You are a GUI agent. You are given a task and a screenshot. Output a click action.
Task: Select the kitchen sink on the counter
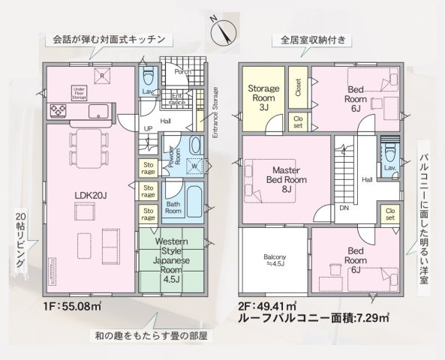click(x=98, y=111)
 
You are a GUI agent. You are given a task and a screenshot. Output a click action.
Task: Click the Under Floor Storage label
click(x=80, y=92)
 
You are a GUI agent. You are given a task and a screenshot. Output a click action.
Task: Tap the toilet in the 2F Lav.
click(x=389, y=151)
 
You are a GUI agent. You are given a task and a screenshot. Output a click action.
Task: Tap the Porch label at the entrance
click(x=181, y=72)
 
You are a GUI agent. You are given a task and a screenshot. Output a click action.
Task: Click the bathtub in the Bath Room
click(x=193, y=198)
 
